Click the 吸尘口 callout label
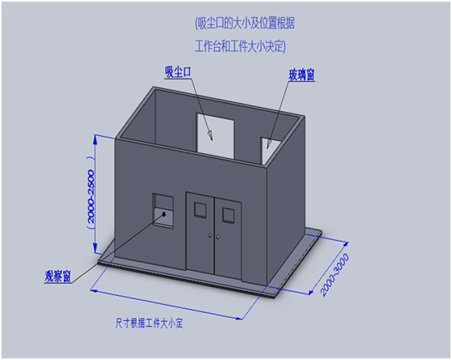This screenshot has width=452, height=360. pos(178,72)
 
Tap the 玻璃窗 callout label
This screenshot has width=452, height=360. pos(301,75)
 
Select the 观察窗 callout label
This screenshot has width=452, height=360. pos(58,276)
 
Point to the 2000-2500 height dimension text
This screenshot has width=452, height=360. pos(91,196)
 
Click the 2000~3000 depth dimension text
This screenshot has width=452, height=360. pos(335,275)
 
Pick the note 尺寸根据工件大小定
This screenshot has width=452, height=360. pos(149,323)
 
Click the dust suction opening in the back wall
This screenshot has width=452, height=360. pos(215,136)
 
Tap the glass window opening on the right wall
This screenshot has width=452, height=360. pos(271,150)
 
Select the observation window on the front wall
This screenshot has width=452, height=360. pos(163,211)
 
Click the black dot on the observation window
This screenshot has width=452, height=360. pos(164,214)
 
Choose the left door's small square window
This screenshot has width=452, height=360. pos(200,210)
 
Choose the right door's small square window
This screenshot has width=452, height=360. pos(228,215)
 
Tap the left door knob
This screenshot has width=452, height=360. pos(210,236)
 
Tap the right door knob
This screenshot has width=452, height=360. pos(218,237)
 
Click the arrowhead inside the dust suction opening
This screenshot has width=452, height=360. pos(211,135)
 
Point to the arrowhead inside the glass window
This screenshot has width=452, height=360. pos(269,144)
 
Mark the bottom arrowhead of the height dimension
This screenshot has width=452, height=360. pos(96,248)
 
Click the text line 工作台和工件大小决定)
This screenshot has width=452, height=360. pos(241,47)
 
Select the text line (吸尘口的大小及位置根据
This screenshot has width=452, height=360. pos(245,24)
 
